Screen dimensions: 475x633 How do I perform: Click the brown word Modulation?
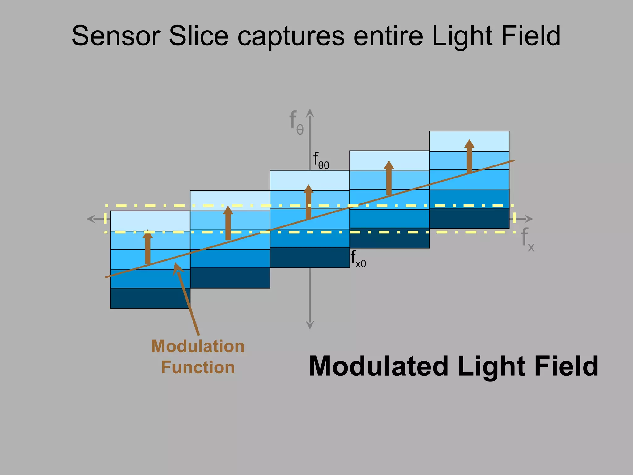(198, 346)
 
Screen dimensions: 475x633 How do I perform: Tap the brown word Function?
(198, 367)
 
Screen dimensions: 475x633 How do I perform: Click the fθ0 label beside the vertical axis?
(321, 160)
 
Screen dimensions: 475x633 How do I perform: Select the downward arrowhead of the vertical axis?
(310, 325)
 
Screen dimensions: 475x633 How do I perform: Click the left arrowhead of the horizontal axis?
(91, 219)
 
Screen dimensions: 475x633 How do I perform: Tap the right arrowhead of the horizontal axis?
(529, 219)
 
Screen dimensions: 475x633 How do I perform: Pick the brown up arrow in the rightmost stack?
(469, 156)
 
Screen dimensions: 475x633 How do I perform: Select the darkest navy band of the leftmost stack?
(150, 298)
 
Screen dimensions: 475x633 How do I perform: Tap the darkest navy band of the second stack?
(230, 278)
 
